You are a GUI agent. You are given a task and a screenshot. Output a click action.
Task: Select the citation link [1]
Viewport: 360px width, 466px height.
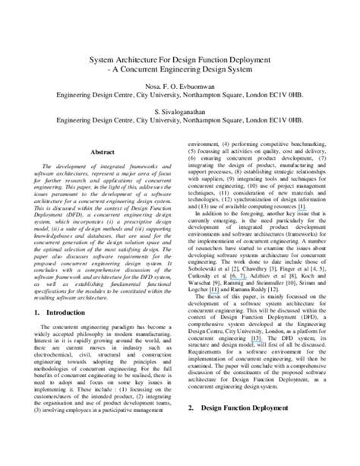pos(302,207)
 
